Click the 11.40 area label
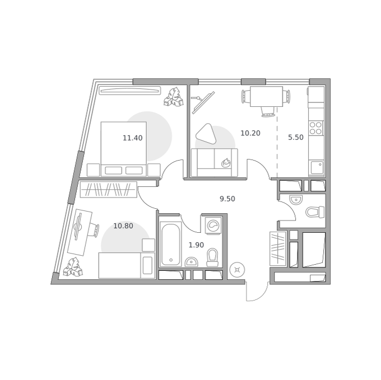132,138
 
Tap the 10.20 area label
250,133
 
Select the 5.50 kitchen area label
296,137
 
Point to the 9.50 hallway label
227,199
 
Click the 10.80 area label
123,226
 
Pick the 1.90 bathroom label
196,245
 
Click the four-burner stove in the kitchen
316,128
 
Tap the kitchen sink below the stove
317,167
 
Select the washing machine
213,226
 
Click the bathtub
171,245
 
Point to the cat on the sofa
226,163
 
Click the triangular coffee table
206,134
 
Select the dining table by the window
266,97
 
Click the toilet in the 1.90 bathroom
212,257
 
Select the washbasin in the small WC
296,200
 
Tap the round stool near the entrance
237,270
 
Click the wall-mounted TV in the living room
203,102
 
